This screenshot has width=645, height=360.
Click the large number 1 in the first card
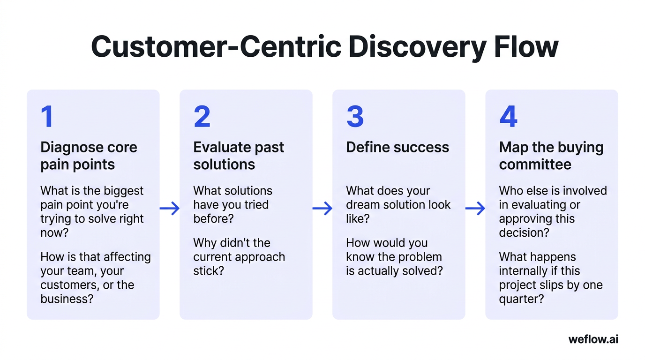[47, 117]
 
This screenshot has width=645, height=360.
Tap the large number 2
[202, 117]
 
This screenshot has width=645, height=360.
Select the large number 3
[355, 117]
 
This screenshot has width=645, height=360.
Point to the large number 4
[509, 117]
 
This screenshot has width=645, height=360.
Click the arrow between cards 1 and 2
[170, 208]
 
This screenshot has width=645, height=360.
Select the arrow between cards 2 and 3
[322, 208]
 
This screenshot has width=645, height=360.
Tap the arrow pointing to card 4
[475, 208]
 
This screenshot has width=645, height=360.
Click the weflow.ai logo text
[593, 339]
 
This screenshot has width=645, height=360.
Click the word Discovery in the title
[414, 47]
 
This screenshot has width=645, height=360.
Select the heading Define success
[397, 147]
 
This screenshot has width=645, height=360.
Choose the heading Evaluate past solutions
[239, 156]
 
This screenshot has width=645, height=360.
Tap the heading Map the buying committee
[551, 156]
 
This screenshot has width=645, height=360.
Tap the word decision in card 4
[523, 233]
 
